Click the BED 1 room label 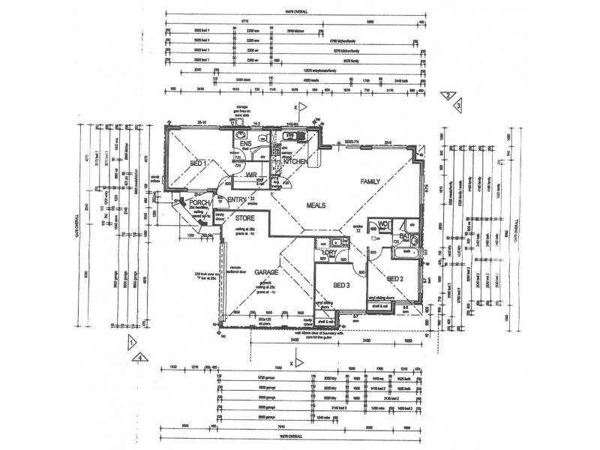tap(198, 163)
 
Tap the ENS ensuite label tap(244, 144)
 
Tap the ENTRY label tap(237, 199)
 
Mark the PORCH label tap(199, 202)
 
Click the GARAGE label tap(266, 272)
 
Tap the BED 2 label tap(395, 278)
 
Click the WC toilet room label tap(382, 223)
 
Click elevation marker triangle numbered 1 tap(131, 343)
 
